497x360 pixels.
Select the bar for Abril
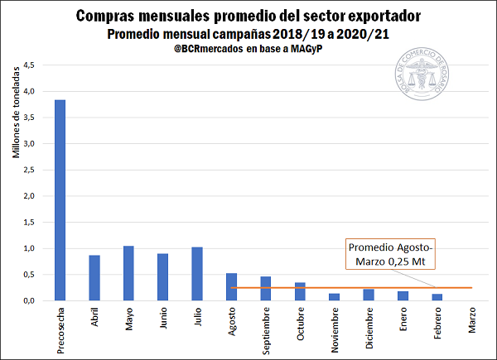click(94, 278)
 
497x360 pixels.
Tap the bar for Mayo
click(128, 273)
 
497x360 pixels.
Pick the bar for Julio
click(197, 274)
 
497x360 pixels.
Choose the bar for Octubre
click(300, 291)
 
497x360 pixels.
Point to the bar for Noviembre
click(334, 297)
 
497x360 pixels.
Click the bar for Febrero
click(437, 297)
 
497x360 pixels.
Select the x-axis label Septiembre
click(266, 332)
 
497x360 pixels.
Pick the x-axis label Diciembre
click(369, 329)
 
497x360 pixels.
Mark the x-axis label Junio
click(162, 321)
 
